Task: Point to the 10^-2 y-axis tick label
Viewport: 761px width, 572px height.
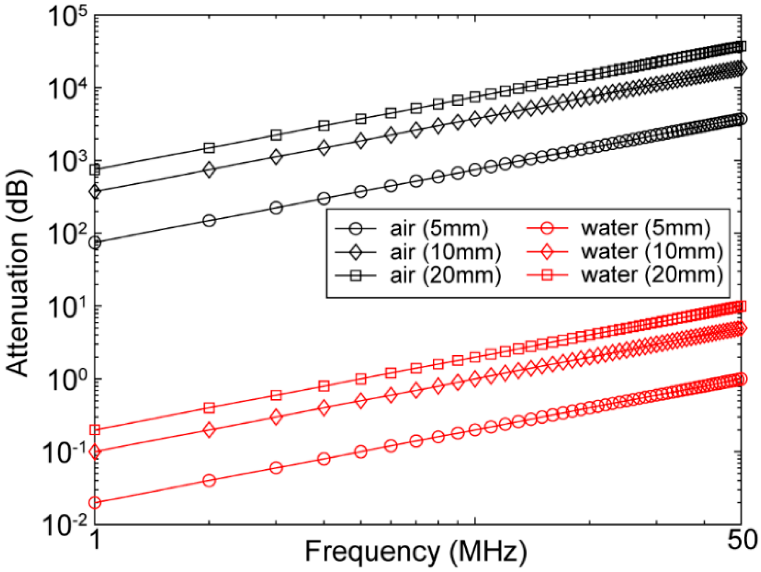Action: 64,525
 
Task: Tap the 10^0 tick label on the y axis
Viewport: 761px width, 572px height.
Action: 67,380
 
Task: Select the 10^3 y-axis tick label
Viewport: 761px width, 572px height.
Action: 67,163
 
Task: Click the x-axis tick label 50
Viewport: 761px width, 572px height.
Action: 742,540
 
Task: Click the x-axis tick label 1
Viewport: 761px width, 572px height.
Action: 96,540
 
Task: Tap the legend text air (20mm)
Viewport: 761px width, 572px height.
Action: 445,275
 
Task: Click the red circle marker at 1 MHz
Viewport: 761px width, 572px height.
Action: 95,502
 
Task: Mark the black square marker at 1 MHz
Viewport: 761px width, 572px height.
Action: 95,170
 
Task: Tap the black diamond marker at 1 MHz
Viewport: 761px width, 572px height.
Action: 95,192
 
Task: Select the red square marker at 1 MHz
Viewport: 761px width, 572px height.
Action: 95,430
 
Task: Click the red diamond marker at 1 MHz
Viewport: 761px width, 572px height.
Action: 95,452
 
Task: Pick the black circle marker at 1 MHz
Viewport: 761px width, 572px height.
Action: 95,243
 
